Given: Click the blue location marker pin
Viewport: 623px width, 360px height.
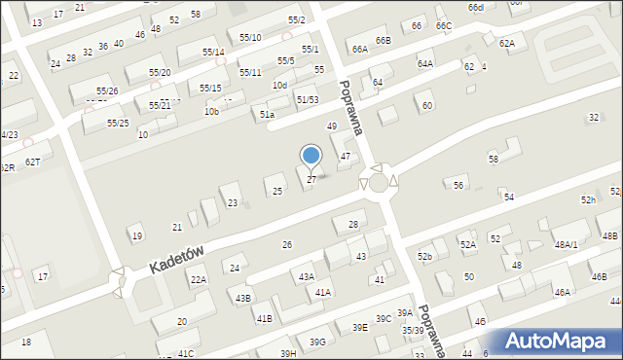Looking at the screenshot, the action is (311, 156).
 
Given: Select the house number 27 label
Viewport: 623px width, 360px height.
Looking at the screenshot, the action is (311, 180).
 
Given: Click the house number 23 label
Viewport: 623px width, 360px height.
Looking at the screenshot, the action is (233, 202).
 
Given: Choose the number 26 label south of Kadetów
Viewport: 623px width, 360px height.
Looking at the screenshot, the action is (286, 244).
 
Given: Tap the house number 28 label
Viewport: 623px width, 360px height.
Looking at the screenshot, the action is (352, 225).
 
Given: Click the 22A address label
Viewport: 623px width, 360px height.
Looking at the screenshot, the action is (198, 280).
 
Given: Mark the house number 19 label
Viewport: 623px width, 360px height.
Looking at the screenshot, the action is (137, 236).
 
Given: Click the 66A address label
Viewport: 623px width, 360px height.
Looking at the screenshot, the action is (360, 49).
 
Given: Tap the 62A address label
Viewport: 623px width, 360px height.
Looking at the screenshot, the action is (507, 44).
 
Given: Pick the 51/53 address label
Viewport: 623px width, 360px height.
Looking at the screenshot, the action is (309, 99).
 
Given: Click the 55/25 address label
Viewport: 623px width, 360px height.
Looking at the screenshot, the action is (118, 124).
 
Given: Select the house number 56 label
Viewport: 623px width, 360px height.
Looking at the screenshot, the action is (458, 185).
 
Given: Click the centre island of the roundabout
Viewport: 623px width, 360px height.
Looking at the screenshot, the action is (379, 182).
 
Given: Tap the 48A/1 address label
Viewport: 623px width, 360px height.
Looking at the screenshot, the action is (566, 244).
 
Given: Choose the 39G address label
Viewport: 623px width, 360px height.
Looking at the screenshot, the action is (316, 342).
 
